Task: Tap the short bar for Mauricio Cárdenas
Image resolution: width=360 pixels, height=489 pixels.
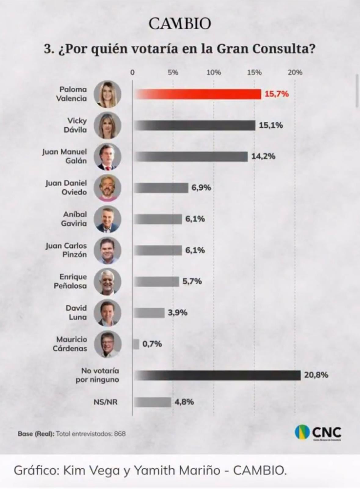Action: click(x=136, y=344)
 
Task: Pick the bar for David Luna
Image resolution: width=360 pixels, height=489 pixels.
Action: click(x=149, y=313)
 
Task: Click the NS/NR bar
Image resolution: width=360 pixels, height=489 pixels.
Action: click(x=153, y=402)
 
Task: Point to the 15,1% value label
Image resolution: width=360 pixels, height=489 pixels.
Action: click(x=271, y=125)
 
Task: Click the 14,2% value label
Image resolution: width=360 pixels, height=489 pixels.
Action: click(x=263, y=156)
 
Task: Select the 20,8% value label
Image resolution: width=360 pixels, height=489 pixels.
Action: click(x=316, y=375)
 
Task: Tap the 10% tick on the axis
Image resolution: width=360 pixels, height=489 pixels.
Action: click(x=213, y=72)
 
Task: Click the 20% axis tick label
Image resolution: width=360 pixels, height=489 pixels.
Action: click(x=295, y=72)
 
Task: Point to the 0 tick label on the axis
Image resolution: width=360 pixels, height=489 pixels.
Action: click(x=132, y=72)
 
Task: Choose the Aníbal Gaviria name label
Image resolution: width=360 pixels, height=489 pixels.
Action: click(x=74, y=219)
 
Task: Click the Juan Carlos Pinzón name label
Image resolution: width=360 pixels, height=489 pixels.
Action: click(x=66, y=250)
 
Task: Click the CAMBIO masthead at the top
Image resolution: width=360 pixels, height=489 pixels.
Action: click(x=180, y=24)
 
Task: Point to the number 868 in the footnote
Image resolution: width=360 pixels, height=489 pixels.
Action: click(x=120, y=434)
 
